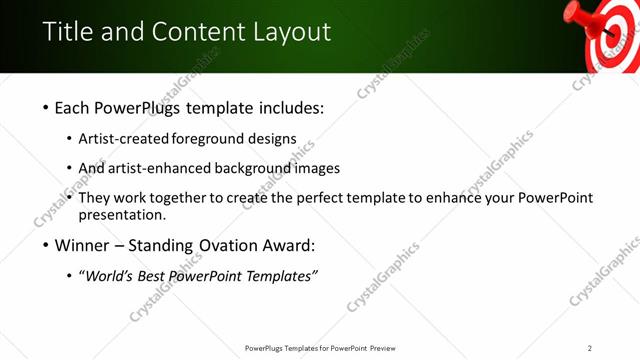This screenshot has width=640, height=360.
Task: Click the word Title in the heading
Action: pyautogui.click(x=69, y=32)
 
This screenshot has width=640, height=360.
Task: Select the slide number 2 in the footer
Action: pyautogui.click(x=590, y=348)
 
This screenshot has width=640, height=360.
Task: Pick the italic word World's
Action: pyautogui.click(x=111, y=276)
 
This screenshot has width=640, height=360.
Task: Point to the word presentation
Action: pyautogui.click(x=122, y=215)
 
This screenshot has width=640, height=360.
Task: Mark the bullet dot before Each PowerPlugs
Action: pyautogui.click(x=45, y=108)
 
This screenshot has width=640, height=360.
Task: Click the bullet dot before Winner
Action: pyautogui.click(x=45, y=246)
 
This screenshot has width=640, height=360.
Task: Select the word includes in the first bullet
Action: pyautogui.click(x=291, y=107)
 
